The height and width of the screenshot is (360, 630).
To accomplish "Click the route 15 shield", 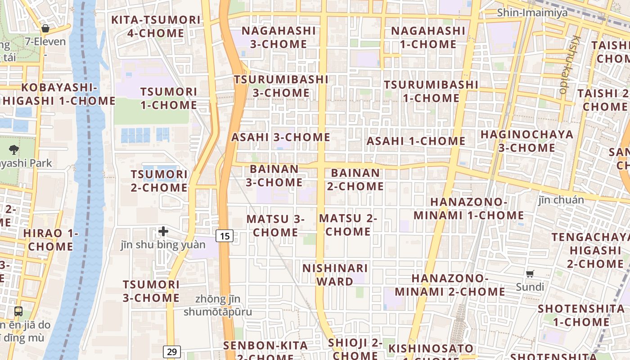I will tap(225, 235).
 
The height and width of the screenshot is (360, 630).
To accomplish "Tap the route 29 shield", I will tap(172, 351).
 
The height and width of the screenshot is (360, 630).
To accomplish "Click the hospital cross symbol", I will tap(163, 231).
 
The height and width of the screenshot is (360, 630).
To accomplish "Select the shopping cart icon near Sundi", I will tap(530, 274).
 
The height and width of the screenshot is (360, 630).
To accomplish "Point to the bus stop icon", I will tap(18, 311).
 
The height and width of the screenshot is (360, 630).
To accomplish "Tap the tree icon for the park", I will tap(14, 149).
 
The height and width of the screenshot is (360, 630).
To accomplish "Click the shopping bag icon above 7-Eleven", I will tap(45, 29).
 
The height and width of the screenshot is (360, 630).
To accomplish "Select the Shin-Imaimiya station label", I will tap(532, 13).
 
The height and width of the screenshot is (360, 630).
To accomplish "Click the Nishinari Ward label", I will tap(335, 275).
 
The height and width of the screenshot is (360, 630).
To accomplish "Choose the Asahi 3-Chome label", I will tap(281, 137).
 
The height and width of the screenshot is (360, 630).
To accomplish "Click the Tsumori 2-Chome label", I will tap(159, 181).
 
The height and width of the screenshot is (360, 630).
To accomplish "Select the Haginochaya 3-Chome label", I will tap(527, 141).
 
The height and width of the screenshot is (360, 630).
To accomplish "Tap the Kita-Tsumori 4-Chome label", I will tap(156, 27).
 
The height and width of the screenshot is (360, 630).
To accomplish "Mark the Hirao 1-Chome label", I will tap(50, 240).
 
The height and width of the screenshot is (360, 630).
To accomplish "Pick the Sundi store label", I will tap(530, 287).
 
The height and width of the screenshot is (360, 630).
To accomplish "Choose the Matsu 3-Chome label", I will tap(275, 225).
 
